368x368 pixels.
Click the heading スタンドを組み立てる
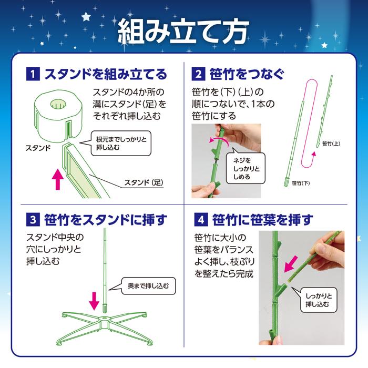pos(105,74)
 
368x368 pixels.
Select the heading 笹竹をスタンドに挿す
pos(105,218)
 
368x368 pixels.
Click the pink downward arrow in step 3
pos(94,301)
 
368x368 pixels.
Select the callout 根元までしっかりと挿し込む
pos(121,144)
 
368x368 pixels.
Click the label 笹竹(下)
pos(300,183)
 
